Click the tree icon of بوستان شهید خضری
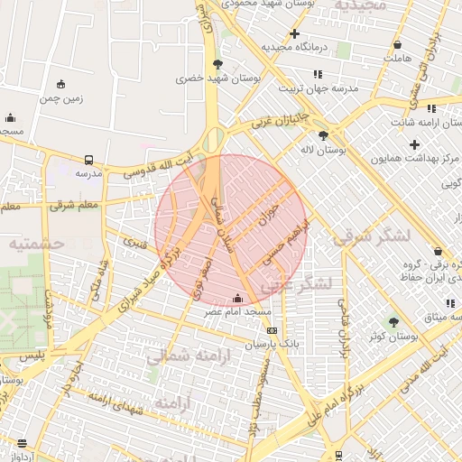[x=217, y=63]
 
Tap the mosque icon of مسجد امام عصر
[x=237, y=297]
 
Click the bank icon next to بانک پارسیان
[x=272, y=330]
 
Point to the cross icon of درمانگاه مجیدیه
[x=294, y=33]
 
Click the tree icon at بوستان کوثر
[x=393, y=321]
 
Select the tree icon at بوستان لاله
[x=323, y=135]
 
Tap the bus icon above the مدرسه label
[x=88, y=159]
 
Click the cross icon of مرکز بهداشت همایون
[x=415, y=144]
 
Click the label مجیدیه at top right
[x=360, y=6]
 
